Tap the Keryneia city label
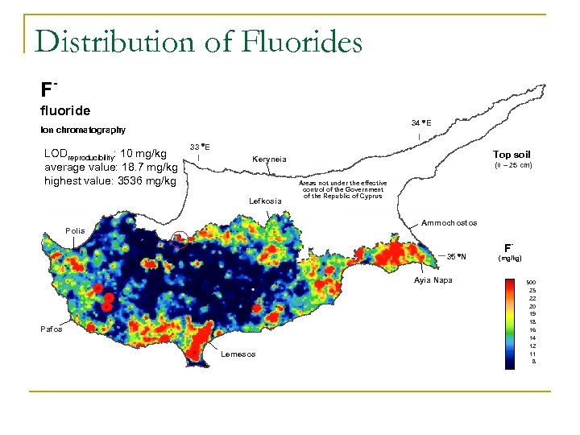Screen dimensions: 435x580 pyautogui.click(x=269, y=159)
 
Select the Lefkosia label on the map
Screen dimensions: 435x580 pyautogui.click(x=266, y=200)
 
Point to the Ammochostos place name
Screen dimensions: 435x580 pyautogui.click(x=449, y=222)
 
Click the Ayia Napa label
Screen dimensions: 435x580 pyautogui.click(x=434, y=280)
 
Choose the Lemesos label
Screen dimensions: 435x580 pyautogui.click(x=238, y=354)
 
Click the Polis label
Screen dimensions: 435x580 pyautogui.click(x=75, y=230)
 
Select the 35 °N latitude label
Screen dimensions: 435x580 pyautogui.click(x=456, y=257)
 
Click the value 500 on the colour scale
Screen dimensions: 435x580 pyautogui.click(x=531, y=283)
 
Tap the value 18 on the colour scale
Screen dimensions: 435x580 pyautogui.click(x=532, y=322)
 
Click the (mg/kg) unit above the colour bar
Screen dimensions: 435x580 pyautogui.click(x=510, y=259)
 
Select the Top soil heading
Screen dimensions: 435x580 pyautogui.click(x=512, y=154)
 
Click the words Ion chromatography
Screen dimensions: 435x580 pyautogui.click(x=83, y=130)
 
